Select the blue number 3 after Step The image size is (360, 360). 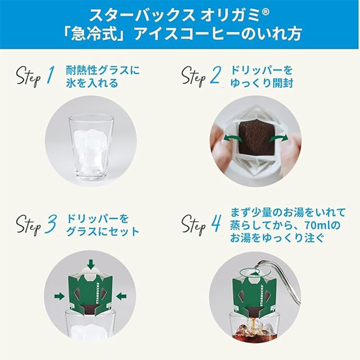click(x=51, y=223)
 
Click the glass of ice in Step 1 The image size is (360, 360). click(x=91, y=149)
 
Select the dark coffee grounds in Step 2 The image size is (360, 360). click(x=257, y=138)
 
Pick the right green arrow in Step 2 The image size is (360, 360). click(x=279, y=138)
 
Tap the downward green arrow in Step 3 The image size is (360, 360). click(x=91, y=264)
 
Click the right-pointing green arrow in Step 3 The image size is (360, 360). click(x=59, y=296)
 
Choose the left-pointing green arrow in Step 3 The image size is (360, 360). click(x=121, y=296)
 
